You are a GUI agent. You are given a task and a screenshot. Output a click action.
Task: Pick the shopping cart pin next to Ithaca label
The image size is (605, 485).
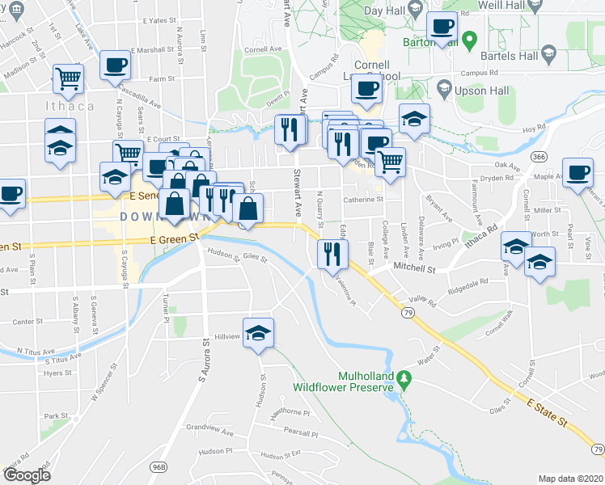[69, 79]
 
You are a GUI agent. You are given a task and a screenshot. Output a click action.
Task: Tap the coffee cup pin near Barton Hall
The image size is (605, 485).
[442, 27]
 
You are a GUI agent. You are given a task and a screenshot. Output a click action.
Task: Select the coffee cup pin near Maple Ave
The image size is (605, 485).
[577, 173]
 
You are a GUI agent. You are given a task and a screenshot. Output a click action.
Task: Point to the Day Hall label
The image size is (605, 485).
[384, 11]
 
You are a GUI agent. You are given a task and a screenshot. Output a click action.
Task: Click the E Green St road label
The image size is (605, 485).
[172, 238]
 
